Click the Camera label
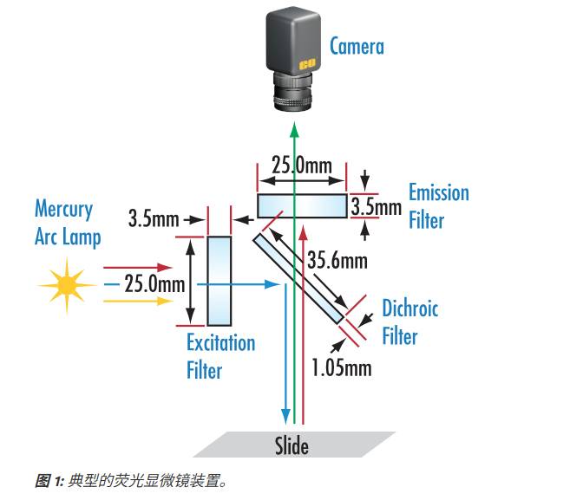pyautogui.click(x=356, y=46)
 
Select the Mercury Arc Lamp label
pyautogui.click(x=67, y=223)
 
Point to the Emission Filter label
pyautogui.click(x=438, y=205)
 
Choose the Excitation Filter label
pyautogui.click(x=220, y=356)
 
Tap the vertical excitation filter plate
pyautogui.click(x=220, y=280)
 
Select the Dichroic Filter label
pyautogui.click(x=409, y=321)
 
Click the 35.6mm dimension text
pyautogui.click(x=337, y=260)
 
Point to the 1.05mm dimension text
pyautogui.click(x=341, y=367)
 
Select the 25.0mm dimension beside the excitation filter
pyautogui.click(x=154, y=283)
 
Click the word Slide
pyautogui.click(x=292, y=446)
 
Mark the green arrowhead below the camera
pyautogui.click(x=295, y=129)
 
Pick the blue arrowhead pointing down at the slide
pyautogui.click(x=284, y=419)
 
